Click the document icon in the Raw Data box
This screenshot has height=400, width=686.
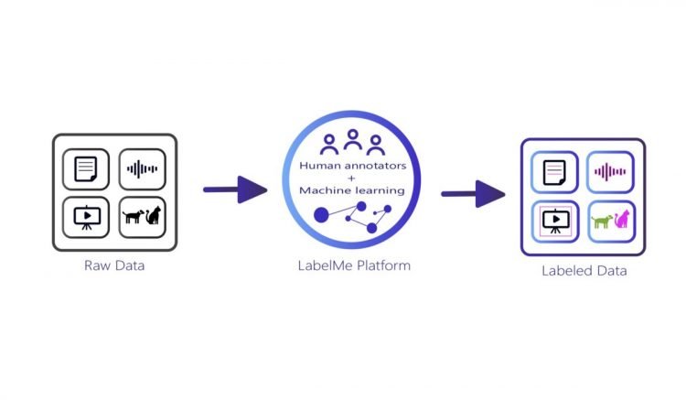pyautogui.click(x=86, y=169)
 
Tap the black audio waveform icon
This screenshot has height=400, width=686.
pyautogui.click(x=142, y=169)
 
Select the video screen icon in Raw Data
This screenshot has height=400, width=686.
pyautogui.click(x=86, y=217)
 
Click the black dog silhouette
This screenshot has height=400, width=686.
pyautogui.click(x=134, y=218)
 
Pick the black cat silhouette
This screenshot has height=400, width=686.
pyautogui.click(x=154, y=216)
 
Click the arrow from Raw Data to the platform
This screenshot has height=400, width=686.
pyautogui.click(x=234, y=190)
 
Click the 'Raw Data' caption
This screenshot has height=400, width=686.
pyautogui.click(x=114, y=266)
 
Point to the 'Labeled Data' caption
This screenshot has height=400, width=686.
pyautogui.click(x=583, y=271)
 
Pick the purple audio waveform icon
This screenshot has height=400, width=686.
pyautogui.click(x=610, y=171)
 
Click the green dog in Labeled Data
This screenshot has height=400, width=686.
pyautogui.click(x=602, y=221)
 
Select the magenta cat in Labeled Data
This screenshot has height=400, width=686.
pyautogui.click(x=622, y=219)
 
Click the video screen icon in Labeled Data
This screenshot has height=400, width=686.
pyautogui.click(x=553, y=222)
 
